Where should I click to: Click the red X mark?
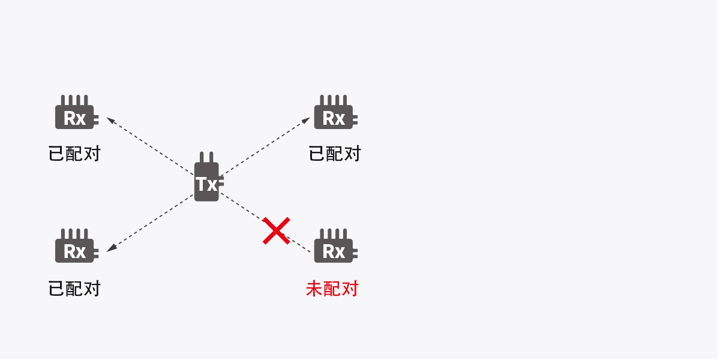tap(277, 231)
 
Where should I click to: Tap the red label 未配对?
tap(332, 289)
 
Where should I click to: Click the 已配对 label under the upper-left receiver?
tap(74, 154)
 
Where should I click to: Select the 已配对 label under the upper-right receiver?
tap(334, 154)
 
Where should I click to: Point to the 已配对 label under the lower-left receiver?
tap(74, 289)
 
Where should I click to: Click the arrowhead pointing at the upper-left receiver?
tap(110, 119)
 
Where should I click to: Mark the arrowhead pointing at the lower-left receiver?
tap(111, 248)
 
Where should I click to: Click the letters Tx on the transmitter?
tap(206, 184)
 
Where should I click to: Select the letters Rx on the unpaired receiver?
tap(334, 251)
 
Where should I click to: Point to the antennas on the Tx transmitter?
tap(206, 157)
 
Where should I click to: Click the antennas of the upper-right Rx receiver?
tap(334, 100)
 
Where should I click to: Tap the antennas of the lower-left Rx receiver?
tap(75, 233)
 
